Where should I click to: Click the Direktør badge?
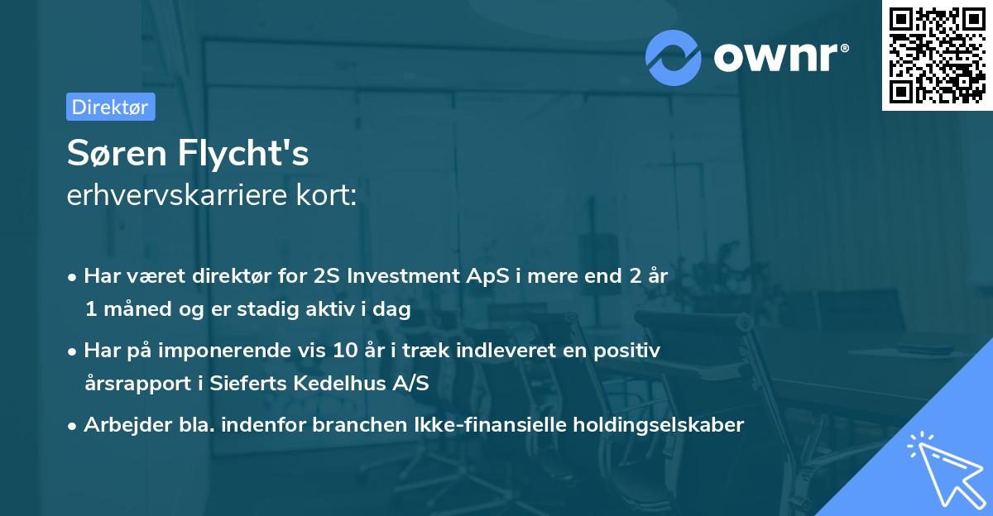110,107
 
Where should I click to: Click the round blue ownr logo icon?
674,57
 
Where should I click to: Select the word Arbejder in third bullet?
119,425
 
